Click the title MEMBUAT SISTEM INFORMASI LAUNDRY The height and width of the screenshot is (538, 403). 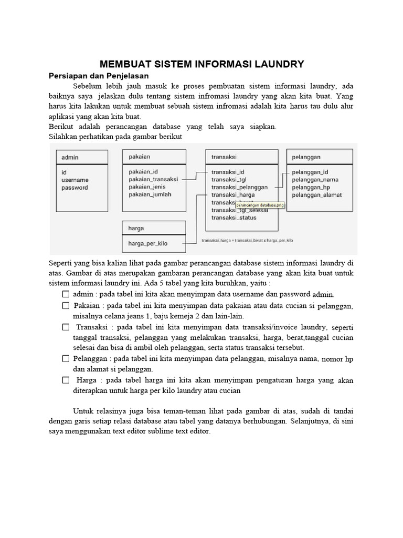[201, 64]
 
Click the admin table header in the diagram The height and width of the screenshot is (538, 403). [70, 157]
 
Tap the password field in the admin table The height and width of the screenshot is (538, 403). [75, 188]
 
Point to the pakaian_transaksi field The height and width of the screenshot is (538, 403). [153, 179]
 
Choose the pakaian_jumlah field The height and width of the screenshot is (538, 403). [150, 194]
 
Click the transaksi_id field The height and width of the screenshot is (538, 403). [228, 172]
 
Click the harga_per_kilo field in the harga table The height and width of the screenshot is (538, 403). [148, 243]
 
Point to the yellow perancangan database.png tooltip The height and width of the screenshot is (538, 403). [260, 205]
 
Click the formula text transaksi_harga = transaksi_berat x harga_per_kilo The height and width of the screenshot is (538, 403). [247, 240]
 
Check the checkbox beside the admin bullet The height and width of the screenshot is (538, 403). [65, 294]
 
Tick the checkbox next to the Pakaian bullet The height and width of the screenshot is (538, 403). [65, 305]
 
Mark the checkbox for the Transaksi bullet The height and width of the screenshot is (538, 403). [65, 327]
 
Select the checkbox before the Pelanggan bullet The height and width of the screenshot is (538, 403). [65, 358]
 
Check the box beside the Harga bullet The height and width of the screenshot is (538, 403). [65, 380]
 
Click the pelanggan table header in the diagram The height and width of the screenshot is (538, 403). [306, 157]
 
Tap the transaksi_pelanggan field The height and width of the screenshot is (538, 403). [239, 187]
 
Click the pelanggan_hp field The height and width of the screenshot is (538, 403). [311, 187]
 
